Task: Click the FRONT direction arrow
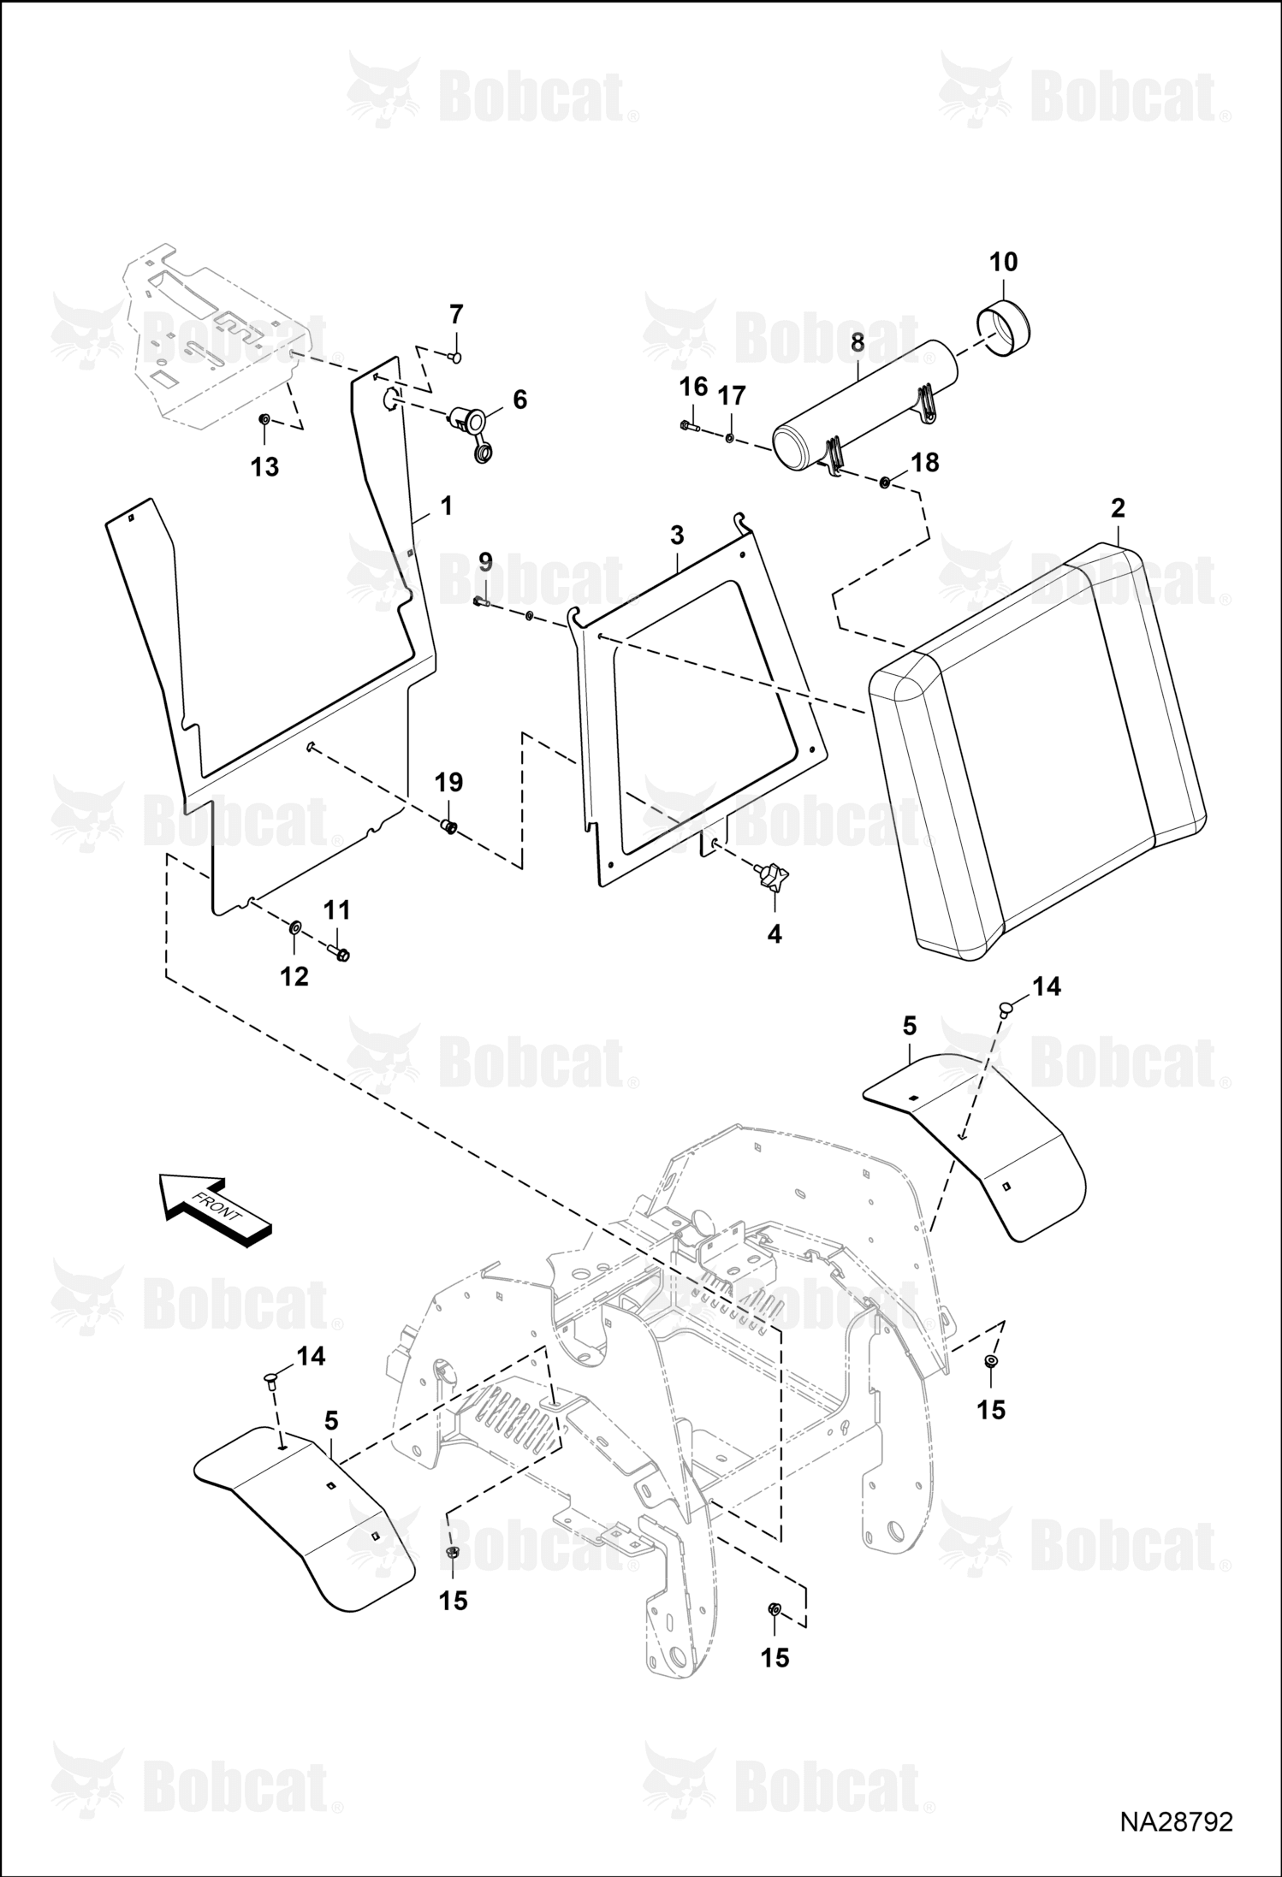[216, 1211]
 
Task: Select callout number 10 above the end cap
[1004, 262]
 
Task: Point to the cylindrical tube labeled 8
[864, 405]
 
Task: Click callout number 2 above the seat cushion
[1118, 507]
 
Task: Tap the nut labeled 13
[265, 419]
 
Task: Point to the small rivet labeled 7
[455, 355]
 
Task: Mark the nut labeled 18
[885, 483]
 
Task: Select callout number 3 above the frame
[677, 536]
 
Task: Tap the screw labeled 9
[482, 602]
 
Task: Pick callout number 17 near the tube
[732, 396]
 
